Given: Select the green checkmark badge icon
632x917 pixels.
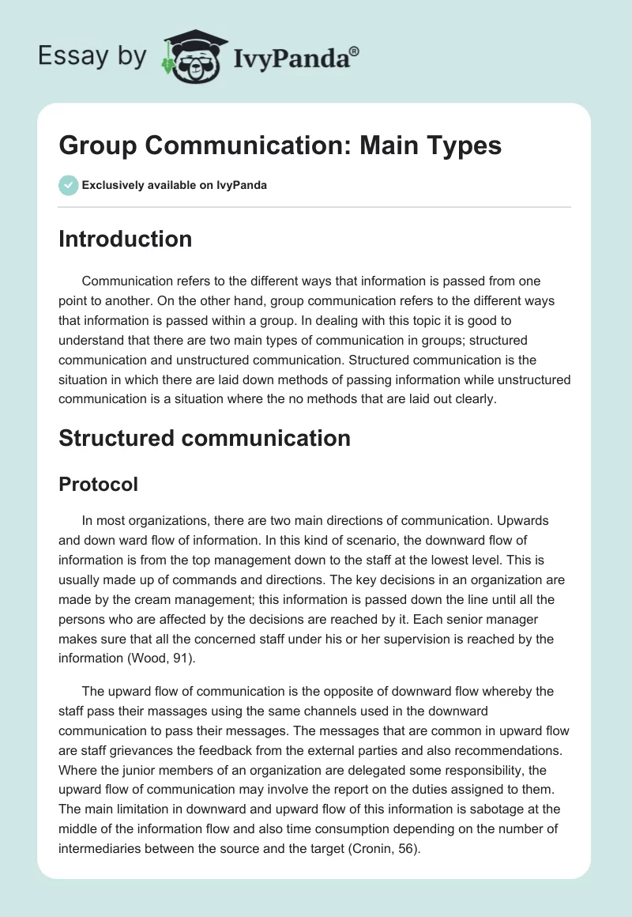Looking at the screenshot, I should tap(69, 185).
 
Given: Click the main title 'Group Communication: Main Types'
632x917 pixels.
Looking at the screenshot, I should tap(280, 146).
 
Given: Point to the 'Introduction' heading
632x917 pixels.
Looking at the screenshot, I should tap(125, 239).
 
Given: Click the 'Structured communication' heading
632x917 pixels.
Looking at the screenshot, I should tap(204, 438).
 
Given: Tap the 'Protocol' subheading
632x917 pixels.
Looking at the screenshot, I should tap(98, 484).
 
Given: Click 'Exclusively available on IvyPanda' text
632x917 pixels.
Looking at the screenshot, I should tap(174, 186).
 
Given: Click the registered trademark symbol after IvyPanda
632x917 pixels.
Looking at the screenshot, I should tap(355, 51).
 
